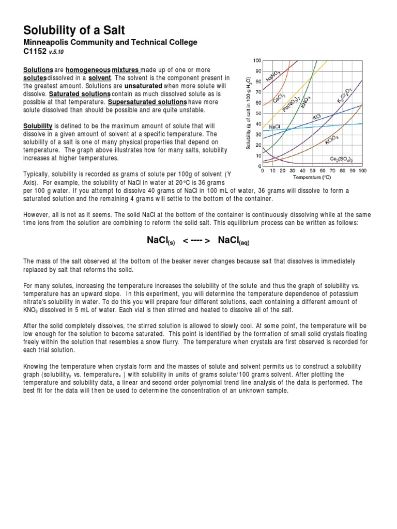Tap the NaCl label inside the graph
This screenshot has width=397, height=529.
point(274,126)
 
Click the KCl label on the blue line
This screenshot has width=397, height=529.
point(317,117)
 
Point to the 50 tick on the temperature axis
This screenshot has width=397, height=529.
point(312,170)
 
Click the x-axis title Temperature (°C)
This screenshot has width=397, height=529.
point(312,177)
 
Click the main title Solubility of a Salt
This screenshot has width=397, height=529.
point(74,30)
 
